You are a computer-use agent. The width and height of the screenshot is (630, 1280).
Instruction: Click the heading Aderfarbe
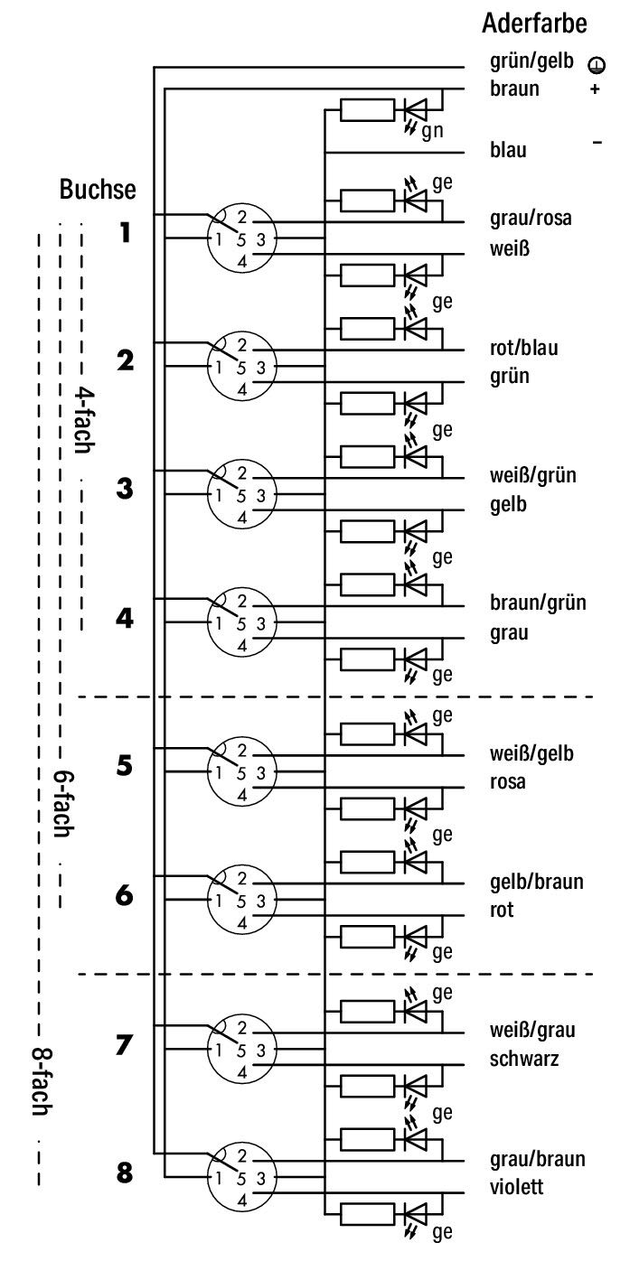point(534,23)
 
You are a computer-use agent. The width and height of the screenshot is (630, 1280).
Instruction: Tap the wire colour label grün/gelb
point(531,61)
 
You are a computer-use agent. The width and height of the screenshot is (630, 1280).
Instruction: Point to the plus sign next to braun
point(595,89)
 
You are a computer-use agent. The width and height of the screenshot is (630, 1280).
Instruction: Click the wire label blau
point(508,150)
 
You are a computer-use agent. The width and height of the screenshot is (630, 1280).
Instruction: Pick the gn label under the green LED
point(432,131)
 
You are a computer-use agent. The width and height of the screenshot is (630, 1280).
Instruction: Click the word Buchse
point(98,189)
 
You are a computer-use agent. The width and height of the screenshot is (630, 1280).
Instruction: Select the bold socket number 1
point(125,232)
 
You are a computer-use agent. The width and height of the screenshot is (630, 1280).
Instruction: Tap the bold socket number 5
point(125,765)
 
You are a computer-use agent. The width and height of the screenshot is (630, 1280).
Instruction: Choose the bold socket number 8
point(125,1173)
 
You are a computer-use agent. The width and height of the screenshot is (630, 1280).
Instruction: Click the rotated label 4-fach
point(83,421)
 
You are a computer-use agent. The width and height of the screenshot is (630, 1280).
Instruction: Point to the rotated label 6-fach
point(62,805)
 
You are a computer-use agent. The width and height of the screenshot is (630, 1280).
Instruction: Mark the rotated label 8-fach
point(41,1081)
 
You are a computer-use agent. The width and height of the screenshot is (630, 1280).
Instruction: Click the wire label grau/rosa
point(531,219)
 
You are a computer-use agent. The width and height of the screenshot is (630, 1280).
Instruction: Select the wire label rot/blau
point(523,348)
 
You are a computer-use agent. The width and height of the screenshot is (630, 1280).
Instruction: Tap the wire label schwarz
point(523,1059)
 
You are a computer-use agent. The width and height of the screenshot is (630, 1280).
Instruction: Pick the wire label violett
point(516,1187)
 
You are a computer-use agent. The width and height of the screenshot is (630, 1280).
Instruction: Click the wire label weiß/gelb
point(531,753)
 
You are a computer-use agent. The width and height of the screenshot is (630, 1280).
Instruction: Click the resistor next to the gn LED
point(367,109)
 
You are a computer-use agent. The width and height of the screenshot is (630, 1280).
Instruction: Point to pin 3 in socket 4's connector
point(260,624)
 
